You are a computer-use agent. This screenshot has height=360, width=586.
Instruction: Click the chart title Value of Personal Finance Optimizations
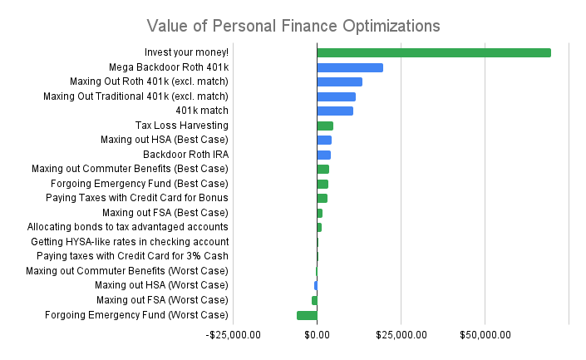(293, 25)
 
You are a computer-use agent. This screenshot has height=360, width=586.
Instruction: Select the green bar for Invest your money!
(433, 52)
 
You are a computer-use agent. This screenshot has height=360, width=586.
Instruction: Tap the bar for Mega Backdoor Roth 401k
(349, 67)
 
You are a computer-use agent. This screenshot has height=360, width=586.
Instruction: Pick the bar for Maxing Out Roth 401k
(339, 81)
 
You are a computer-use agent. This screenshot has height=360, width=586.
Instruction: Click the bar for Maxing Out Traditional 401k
(336, 96)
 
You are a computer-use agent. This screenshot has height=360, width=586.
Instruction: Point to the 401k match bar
(334, 111)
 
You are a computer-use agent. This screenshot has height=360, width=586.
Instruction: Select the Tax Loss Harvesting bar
(325, 126)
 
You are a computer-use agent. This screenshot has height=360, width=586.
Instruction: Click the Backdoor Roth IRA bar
(323, 155)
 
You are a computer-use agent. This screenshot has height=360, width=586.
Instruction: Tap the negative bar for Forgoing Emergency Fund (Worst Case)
(307, 315)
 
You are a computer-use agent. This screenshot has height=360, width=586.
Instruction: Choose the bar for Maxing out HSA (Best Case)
(324, 140)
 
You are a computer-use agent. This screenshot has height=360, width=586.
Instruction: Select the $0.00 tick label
(317, 334)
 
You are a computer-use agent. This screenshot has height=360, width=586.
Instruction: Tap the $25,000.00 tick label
(401, 334)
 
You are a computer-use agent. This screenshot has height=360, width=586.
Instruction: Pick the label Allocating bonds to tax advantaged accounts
(128, 227)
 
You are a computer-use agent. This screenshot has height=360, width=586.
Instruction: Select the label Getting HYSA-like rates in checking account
(130, 241)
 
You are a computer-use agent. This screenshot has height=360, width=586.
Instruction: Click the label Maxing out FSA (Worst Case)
(162, 300)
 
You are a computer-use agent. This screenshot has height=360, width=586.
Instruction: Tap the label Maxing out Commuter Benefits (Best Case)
(130, 169)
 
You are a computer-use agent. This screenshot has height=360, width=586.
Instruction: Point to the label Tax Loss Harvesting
(181, 126)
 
